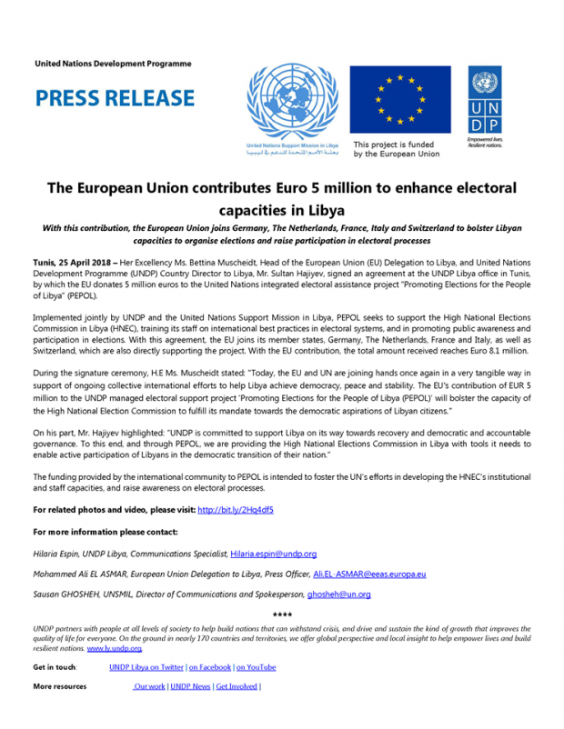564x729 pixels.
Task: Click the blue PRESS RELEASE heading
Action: pos(114,98)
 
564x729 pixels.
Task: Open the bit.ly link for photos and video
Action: pos(235,509)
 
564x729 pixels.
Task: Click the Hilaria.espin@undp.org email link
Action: pos(273,553)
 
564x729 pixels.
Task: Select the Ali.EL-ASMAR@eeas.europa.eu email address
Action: pos(369,574)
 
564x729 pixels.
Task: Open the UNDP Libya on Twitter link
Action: pos(146,666)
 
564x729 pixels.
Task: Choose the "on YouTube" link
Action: pos(256,666)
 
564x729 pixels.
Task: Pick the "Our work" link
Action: pos(149,686)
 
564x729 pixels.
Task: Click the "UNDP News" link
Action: pos(190,686)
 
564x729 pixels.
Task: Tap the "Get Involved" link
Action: pos(236,686)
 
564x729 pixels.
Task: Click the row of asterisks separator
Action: pos(282,617)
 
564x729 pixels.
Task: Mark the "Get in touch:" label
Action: pos(55,666)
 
